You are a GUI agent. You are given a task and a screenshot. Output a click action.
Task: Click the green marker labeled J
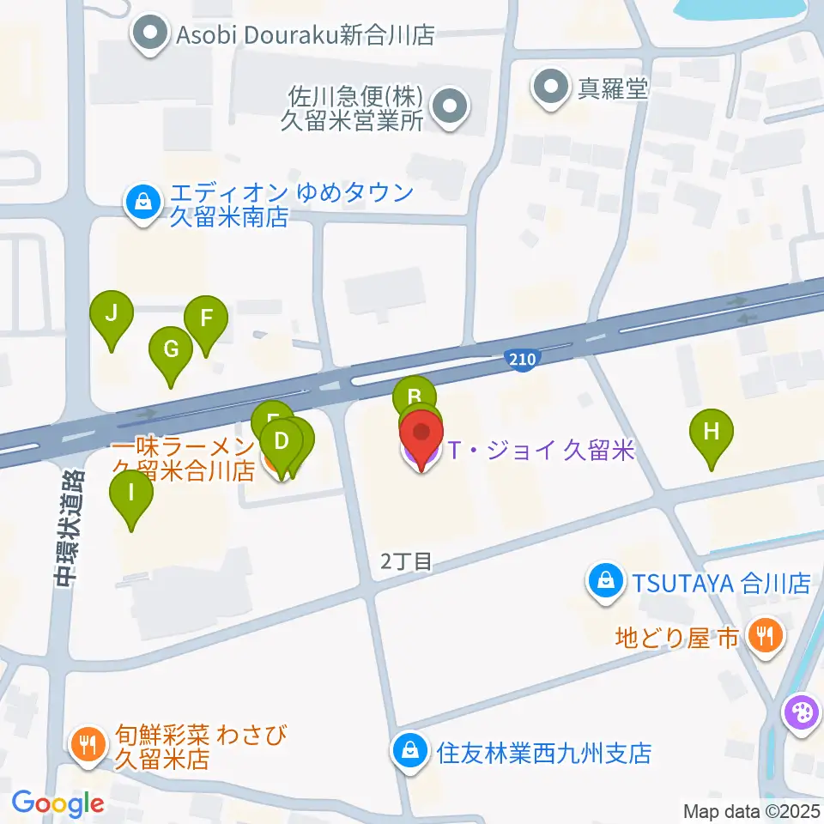(112, 313)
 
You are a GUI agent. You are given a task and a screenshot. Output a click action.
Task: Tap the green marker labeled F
(206, 318)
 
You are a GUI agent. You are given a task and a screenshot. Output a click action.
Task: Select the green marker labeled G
(171, 349)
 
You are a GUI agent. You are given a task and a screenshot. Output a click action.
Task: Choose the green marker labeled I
(131, 493)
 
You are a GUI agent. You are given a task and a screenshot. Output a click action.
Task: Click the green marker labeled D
(281, 443)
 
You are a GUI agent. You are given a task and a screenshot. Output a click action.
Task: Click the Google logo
(58, 803)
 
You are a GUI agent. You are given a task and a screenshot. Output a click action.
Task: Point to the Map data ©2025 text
(752, 810)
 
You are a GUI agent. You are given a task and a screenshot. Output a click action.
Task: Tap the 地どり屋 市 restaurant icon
(762, 636)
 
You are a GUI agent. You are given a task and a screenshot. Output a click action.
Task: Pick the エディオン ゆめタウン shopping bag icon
(140, 203)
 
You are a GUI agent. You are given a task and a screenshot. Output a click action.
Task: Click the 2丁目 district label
(405, 561)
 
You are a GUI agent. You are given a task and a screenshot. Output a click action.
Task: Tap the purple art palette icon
(800, 712)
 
